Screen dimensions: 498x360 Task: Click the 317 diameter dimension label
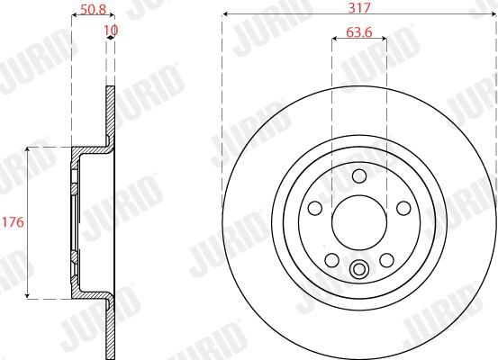pos(359,7)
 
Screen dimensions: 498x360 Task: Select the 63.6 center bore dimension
pos(359,32)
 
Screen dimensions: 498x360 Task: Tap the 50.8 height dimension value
pos(93,10)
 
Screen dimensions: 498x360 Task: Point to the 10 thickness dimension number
pos(111,31)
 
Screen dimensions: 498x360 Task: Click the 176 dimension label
pos(13,222)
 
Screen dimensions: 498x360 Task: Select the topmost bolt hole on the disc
pos(359,175)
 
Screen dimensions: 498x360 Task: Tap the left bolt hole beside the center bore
pos(315,208)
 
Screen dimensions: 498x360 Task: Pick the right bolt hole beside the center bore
pos(403,208)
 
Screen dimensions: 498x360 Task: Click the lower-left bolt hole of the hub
pos(332,260)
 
